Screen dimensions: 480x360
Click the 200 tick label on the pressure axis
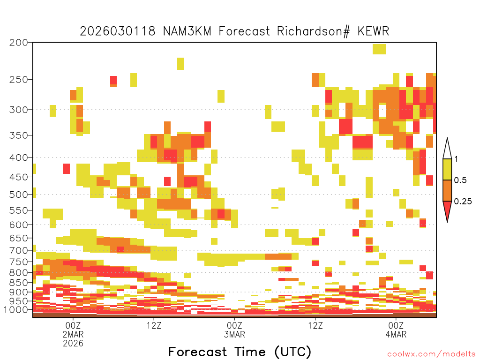pos(19,43)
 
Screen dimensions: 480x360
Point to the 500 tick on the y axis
pos(19,195)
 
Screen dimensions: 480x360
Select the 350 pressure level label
pos(19,135)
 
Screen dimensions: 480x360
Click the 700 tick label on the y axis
pos(19,250)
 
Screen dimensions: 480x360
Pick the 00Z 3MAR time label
pos(234,330)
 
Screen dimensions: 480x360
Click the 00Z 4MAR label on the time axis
pos(396,330)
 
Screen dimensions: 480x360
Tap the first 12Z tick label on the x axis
pos(154,325)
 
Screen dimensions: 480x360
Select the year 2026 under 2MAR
pos(73,344)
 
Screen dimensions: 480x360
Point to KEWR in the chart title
pos(373,31)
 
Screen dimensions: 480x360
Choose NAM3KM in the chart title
pos(187,31)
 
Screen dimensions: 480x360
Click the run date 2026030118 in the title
pos(118,31)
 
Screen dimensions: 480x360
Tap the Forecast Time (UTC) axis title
pos(240,352)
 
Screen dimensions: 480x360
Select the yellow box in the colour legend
pos(447,169)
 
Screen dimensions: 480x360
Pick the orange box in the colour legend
pos(447,191)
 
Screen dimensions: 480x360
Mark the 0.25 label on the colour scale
pos(463,202)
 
